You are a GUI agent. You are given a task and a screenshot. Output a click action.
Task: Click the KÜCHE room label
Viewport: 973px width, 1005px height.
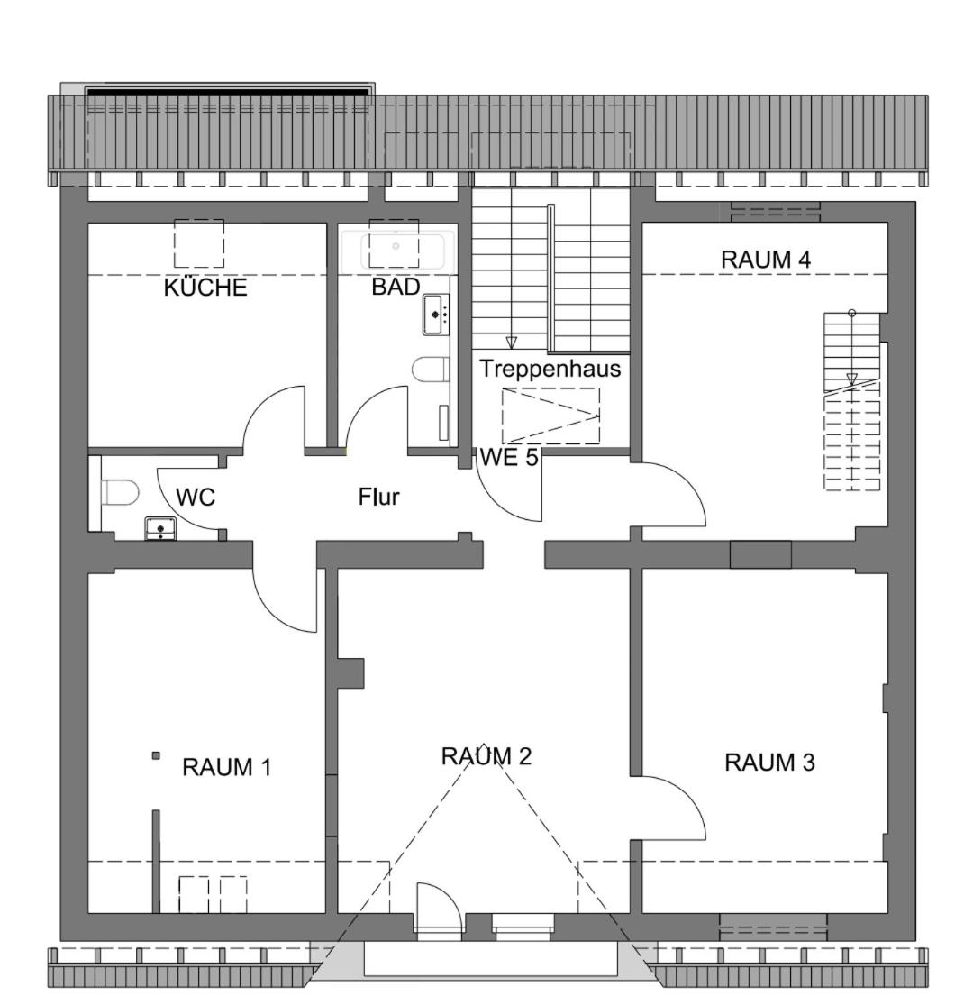tap(205, 288)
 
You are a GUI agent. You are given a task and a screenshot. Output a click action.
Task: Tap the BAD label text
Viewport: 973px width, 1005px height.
tap(396, 287)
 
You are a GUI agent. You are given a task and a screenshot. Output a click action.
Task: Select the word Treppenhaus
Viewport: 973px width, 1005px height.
tap(550, 369)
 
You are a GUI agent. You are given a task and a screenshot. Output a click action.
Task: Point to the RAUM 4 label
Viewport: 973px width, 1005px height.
tap(766, 260)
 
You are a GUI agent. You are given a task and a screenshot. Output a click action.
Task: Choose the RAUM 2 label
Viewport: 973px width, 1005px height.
tap(486, 755)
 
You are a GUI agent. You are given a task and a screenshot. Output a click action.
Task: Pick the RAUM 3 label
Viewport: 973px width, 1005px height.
tap(769, 762)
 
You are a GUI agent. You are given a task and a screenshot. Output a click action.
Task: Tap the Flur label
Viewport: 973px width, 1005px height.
tap(378, 497)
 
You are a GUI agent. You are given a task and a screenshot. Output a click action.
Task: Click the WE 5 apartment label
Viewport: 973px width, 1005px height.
tap(509, 458)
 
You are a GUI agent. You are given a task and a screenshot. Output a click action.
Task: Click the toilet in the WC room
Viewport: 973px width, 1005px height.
tap(120, 492)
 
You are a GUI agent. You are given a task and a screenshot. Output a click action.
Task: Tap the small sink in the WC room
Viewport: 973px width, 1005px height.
tap(160, 528)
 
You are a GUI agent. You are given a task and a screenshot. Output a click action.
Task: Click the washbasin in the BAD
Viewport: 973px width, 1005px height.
tap(435, 314)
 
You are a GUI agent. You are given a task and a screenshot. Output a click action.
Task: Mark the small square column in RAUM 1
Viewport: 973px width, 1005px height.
tap(156, 755)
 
